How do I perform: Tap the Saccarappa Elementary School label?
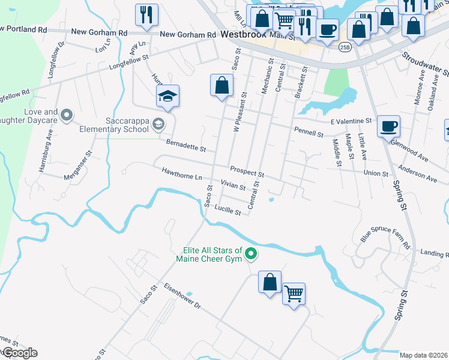[111, 125]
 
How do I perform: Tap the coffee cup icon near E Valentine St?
[389, 125]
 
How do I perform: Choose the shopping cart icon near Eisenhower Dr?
[294, 293]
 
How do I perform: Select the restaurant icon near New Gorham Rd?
[146, 14]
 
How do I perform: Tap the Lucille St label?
[228, 211]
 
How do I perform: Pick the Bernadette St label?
[186, 145]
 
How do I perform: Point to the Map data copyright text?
[424, 355]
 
